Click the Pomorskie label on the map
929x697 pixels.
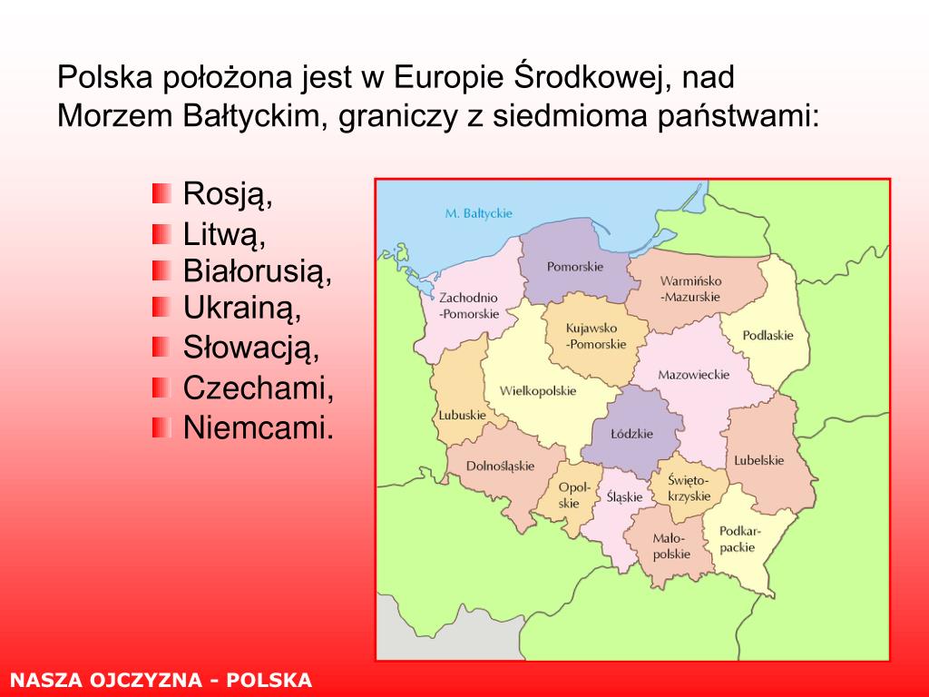tap(574, 267)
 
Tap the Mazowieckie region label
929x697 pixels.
tap(694, 375)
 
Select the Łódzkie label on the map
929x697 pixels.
tap(631, 433)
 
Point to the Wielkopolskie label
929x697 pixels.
tap(538, 390)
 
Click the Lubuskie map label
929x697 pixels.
tap(462, 415)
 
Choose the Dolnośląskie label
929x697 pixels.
tap(500, 466)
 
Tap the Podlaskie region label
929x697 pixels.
tap(768, 336)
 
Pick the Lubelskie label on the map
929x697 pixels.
tap(759, 460)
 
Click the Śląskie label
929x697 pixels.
tap(624, 496)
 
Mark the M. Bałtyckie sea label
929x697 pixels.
tap(479, 213)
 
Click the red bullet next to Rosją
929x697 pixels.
tap(161, 193)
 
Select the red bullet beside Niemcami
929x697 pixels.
tap(161, 427)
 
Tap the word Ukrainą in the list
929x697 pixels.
tap(241, 309)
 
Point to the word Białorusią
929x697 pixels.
tap(257, 270)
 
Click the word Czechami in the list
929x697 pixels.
tap(259, 388)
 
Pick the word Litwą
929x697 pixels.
tap(225, 234)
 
